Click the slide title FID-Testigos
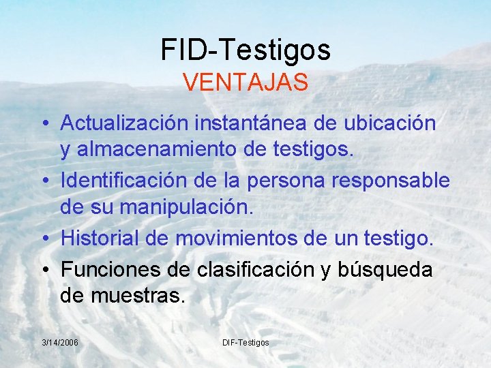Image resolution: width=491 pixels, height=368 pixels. (x=245, y=50)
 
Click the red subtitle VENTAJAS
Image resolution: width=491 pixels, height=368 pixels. (x=245, y=83)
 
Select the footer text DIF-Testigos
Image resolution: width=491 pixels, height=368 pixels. (x=245, y=341)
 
